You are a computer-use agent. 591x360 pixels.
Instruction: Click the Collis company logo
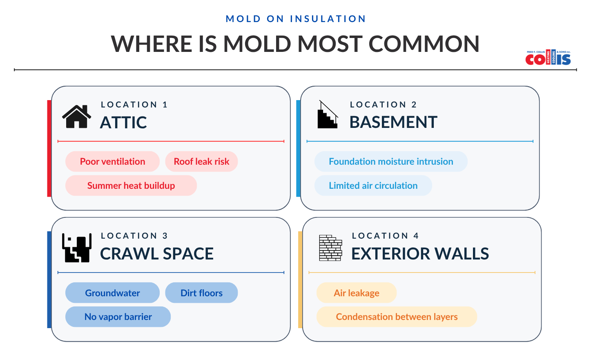[x=548, y=58]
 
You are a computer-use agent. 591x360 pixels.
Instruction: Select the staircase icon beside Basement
[x=328, y=115]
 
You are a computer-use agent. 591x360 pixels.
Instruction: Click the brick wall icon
[x=330, y=248]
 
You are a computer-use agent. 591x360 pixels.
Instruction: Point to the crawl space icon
[x=77, y=248]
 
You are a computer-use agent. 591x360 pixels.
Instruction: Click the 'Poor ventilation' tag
[x=112, y=161]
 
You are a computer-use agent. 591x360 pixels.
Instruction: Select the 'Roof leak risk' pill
[x=201, y=161]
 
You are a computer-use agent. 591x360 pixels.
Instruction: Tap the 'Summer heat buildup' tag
[x=131, y=186]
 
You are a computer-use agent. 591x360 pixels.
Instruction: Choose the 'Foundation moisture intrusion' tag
[x=391, y=161]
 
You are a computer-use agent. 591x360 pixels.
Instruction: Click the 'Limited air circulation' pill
[x=373, y=186]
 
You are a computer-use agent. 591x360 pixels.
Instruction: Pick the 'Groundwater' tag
[x=112, y=293]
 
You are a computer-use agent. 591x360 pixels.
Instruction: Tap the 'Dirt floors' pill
[x=201, y=293]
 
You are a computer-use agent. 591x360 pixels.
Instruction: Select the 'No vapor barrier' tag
[x=118, y=317]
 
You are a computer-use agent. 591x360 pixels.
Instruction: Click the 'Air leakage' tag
[x=356, y=293]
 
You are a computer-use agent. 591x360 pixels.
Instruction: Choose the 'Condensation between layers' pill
[x=397, y=317]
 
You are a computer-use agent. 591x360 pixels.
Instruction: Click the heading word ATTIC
[x=123, y=123]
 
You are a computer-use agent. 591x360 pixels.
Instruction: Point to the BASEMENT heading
[x=393, y=122]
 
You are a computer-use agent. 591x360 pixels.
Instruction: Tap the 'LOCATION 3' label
[x=134, y=236]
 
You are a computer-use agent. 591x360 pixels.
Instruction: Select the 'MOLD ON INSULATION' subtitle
[x=296, y=19]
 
